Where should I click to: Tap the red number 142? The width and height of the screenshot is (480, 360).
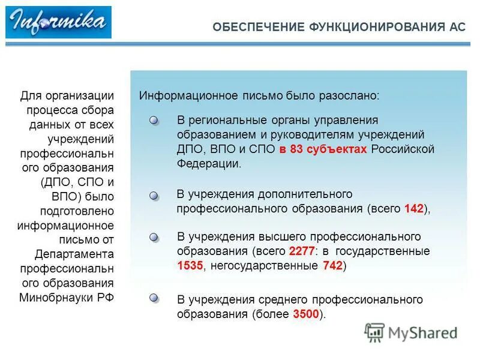pyautogui.click(x=414, y=209)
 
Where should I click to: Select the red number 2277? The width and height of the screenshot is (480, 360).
pyautogui.click(x=301, y=251)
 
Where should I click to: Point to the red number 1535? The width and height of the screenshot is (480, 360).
pyautogui.click(x=190, y=266)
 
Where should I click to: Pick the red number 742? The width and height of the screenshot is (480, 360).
pyautogui.click(x=332, y=266)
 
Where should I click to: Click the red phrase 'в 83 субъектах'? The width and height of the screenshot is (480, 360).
pyautogui.click(x=322, y=149)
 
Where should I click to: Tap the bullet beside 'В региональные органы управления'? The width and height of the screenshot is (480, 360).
pyautogui.click(x=154, y=121)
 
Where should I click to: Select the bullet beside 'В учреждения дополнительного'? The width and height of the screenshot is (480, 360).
pyautogui.click(x=154, y=196)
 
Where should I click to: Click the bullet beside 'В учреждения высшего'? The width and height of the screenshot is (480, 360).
pyautogui.click(x=154, y=238)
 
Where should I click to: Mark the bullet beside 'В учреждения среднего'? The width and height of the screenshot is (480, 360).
pyautogui.click(x=154, y=298)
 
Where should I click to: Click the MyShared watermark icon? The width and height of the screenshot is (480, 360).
pyautogui.click(x=374, y=332)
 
